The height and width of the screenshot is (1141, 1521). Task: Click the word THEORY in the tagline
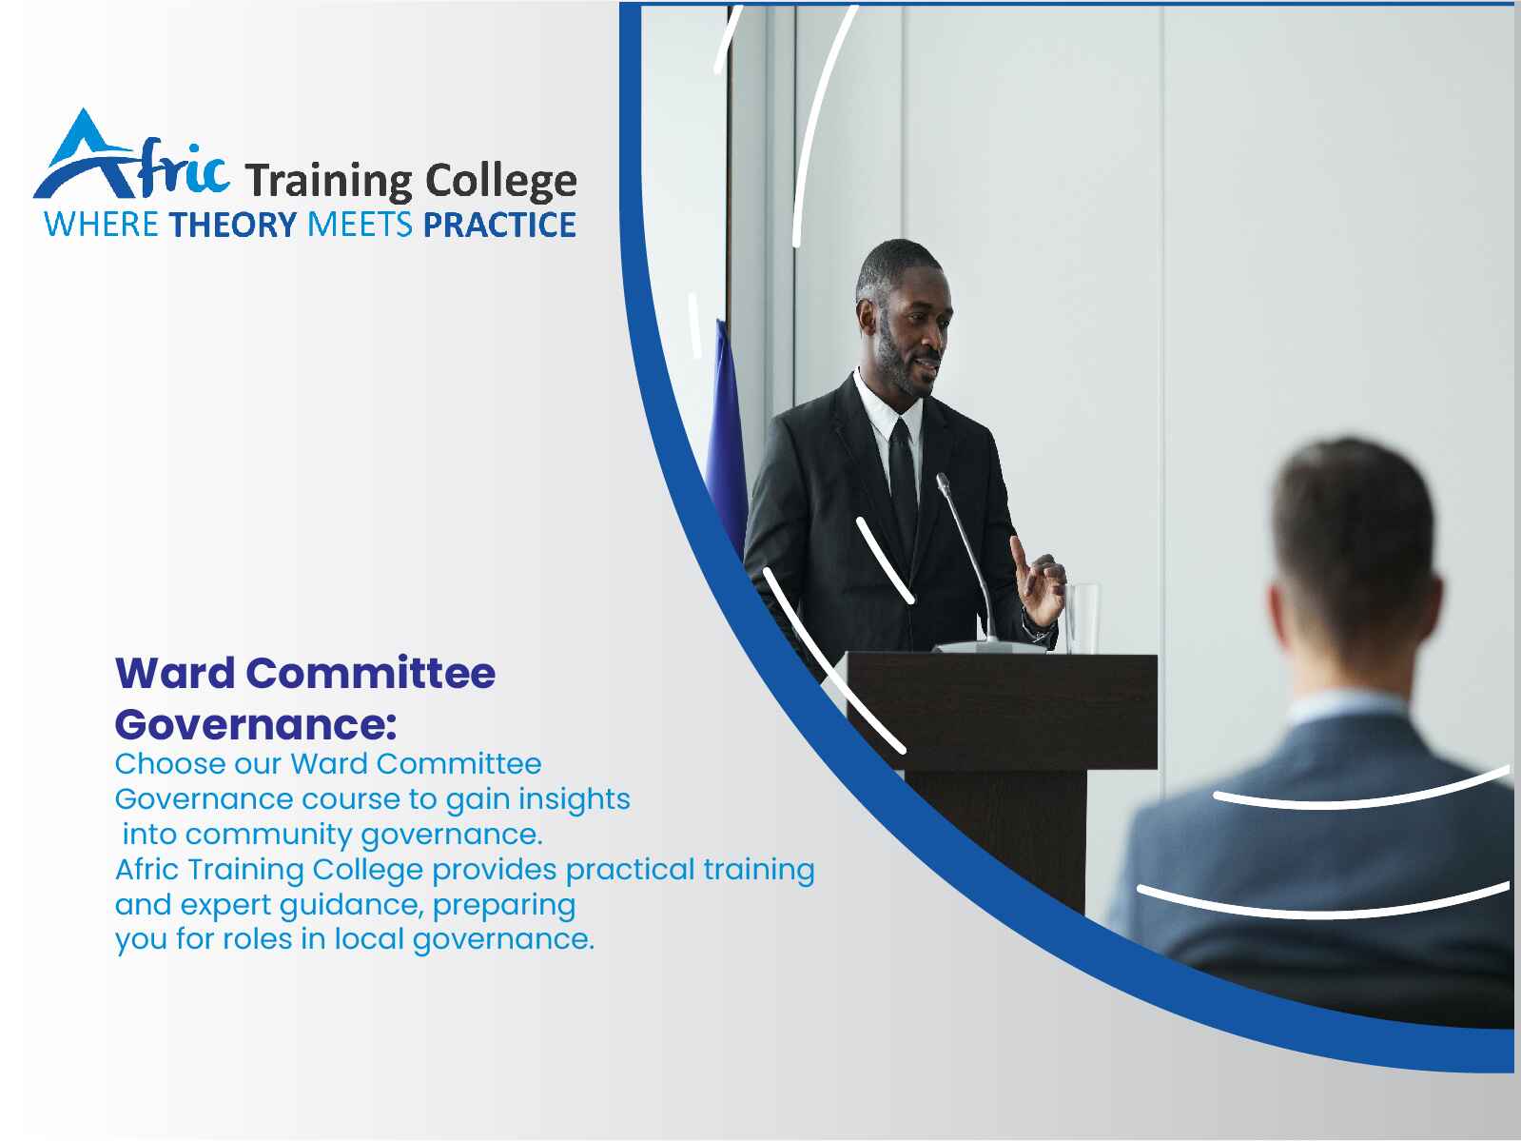click(x=233, y=226)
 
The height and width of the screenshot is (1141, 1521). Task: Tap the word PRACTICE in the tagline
click(x=499, y=226)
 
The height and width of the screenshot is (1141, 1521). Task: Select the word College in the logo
click(x=500, y=182)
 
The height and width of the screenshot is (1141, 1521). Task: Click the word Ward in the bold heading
click(x=175, y=673)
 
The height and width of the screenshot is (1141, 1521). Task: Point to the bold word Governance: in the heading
click(x=256, y=725)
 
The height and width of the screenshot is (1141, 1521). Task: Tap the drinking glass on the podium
click(x=1082, y=619)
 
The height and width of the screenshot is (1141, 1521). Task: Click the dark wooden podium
click(x=1002, y=770)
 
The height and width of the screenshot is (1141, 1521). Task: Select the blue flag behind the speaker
click(x=726, y=437)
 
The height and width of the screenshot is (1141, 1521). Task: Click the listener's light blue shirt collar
click(x=1348, y=708)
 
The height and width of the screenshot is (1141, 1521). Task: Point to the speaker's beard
click(x=902, y=364)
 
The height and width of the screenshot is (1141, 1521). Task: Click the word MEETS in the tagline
click(x=360, y=226)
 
